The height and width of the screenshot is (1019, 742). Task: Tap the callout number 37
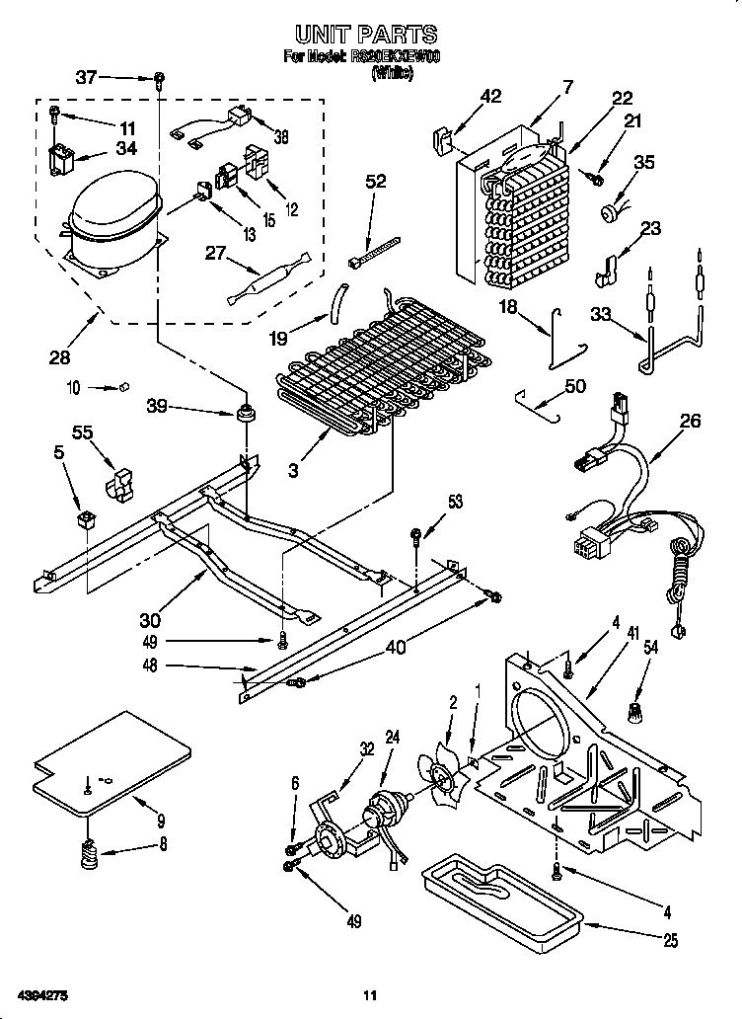87,77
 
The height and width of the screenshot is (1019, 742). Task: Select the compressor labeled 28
111,217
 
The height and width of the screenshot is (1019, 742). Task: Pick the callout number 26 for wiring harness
690,422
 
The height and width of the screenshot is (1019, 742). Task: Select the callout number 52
376,181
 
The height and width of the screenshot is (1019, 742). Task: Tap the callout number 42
490,97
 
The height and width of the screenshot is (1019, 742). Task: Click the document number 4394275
40,993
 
